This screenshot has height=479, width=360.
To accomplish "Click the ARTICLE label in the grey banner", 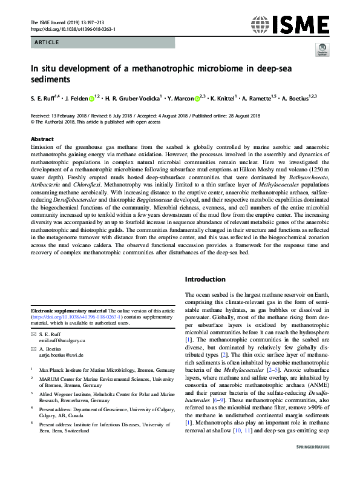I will pyautogui.click(x=47, y=42).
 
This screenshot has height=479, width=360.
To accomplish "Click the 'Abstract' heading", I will pyautogui.click(x=42, y=139).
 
